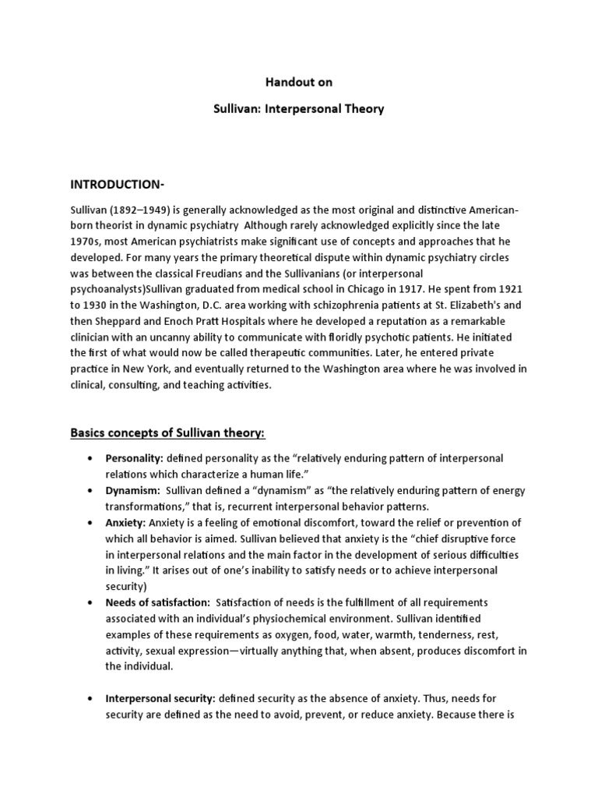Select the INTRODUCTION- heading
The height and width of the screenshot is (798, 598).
118,184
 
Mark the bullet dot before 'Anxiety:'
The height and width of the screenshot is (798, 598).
93,522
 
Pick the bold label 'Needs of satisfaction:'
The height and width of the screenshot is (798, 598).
157,602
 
